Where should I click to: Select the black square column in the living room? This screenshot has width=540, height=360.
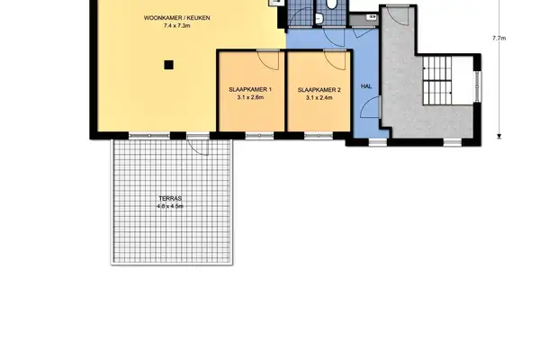(166, 64)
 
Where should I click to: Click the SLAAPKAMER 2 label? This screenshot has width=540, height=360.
(319, 90)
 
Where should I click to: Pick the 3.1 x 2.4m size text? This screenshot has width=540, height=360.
(319, 98)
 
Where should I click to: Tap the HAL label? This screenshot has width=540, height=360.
(365, 86)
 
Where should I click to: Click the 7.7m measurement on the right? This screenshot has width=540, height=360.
(499, 39)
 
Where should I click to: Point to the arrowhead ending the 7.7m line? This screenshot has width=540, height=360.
(499, 137)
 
